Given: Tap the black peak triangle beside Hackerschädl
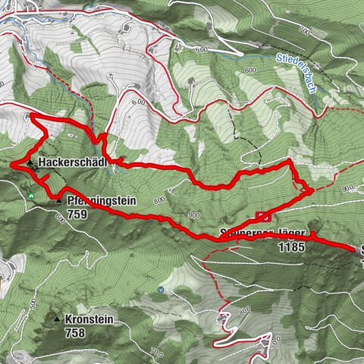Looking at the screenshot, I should (x=31, y=163).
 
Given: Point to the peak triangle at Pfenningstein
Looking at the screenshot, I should (x=58, y=202).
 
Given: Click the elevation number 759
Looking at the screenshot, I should (x=77, y=215).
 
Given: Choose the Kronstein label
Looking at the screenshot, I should (x=89, y=321).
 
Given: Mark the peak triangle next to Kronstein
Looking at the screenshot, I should (x=57, y=321).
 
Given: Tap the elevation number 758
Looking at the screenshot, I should (x=74, y=332).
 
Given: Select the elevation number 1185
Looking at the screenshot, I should (x=290, y=246).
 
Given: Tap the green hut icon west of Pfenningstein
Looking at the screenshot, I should (x=30, y=196).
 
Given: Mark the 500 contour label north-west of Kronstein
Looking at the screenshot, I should (x=34, y=301).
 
